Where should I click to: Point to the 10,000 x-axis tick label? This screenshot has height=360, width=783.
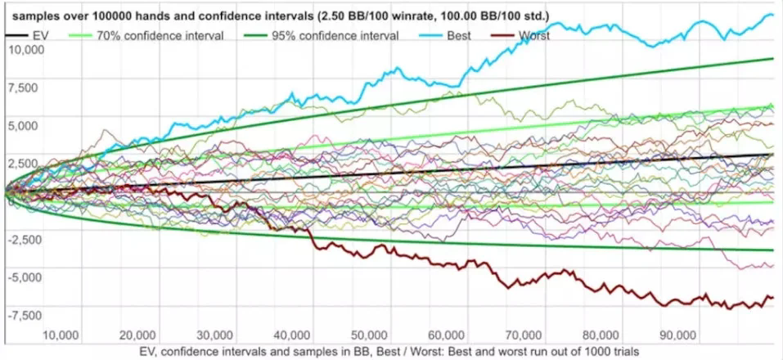tap(60, 335)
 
